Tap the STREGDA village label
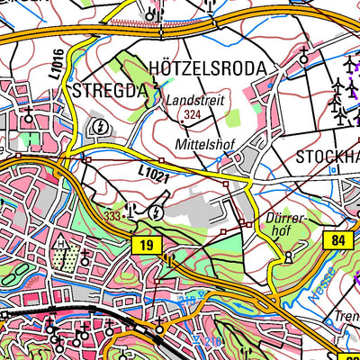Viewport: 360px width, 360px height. tap(111, 90)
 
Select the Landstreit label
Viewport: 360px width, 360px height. tap(193, 102)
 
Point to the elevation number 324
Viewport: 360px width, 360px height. tap(190, 115)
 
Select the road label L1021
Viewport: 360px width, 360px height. tap(154, 174)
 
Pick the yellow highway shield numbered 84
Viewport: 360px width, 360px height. tap(336, 239)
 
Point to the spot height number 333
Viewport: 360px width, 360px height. tap(112, 216)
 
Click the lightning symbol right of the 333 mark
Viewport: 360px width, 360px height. tap(157, 212)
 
